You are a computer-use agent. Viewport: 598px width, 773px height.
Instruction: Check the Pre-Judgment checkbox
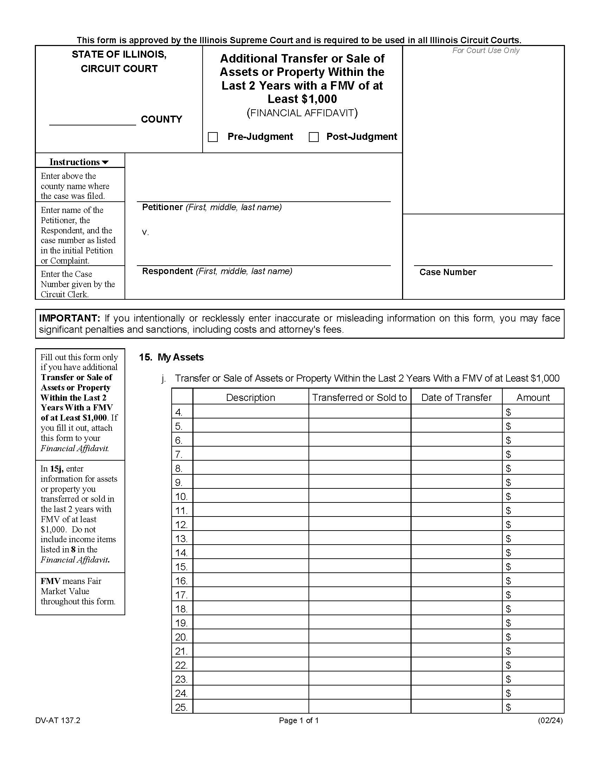coord(212,137)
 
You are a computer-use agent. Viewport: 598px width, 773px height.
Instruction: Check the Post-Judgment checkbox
coord(313,137)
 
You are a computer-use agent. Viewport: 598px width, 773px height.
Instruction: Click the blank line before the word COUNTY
coord(93,120)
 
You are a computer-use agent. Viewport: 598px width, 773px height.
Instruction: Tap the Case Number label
coord(447,272)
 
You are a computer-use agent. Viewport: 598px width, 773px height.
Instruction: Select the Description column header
coord(250,397)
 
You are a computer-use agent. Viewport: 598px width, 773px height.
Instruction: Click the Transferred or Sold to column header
coord(359,397)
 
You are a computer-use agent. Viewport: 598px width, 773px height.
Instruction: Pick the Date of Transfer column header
coord(456,397)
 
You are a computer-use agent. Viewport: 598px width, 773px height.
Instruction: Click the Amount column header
coord(533,397)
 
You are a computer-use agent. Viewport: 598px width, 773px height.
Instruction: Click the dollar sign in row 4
coord(508,412)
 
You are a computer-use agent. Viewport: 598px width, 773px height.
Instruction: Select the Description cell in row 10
coord(250,496)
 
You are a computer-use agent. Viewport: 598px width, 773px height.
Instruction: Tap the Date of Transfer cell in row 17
coord(456,595)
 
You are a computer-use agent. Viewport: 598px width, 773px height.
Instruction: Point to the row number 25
coord(181,707)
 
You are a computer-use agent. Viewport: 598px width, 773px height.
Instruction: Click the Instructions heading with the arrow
coord(79,162)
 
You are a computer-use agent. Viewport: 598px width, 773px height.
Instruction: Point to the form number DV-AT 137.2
coord(58,720)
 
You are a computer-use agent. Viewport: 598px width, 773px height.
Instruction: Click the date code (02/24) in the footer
coord(550,720)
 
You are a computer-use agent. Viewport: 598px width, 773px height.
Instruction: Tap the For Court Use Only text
coord(485,51)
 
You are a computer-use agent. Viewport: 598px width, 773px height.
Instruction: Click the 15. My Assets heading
coord(171,357)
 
